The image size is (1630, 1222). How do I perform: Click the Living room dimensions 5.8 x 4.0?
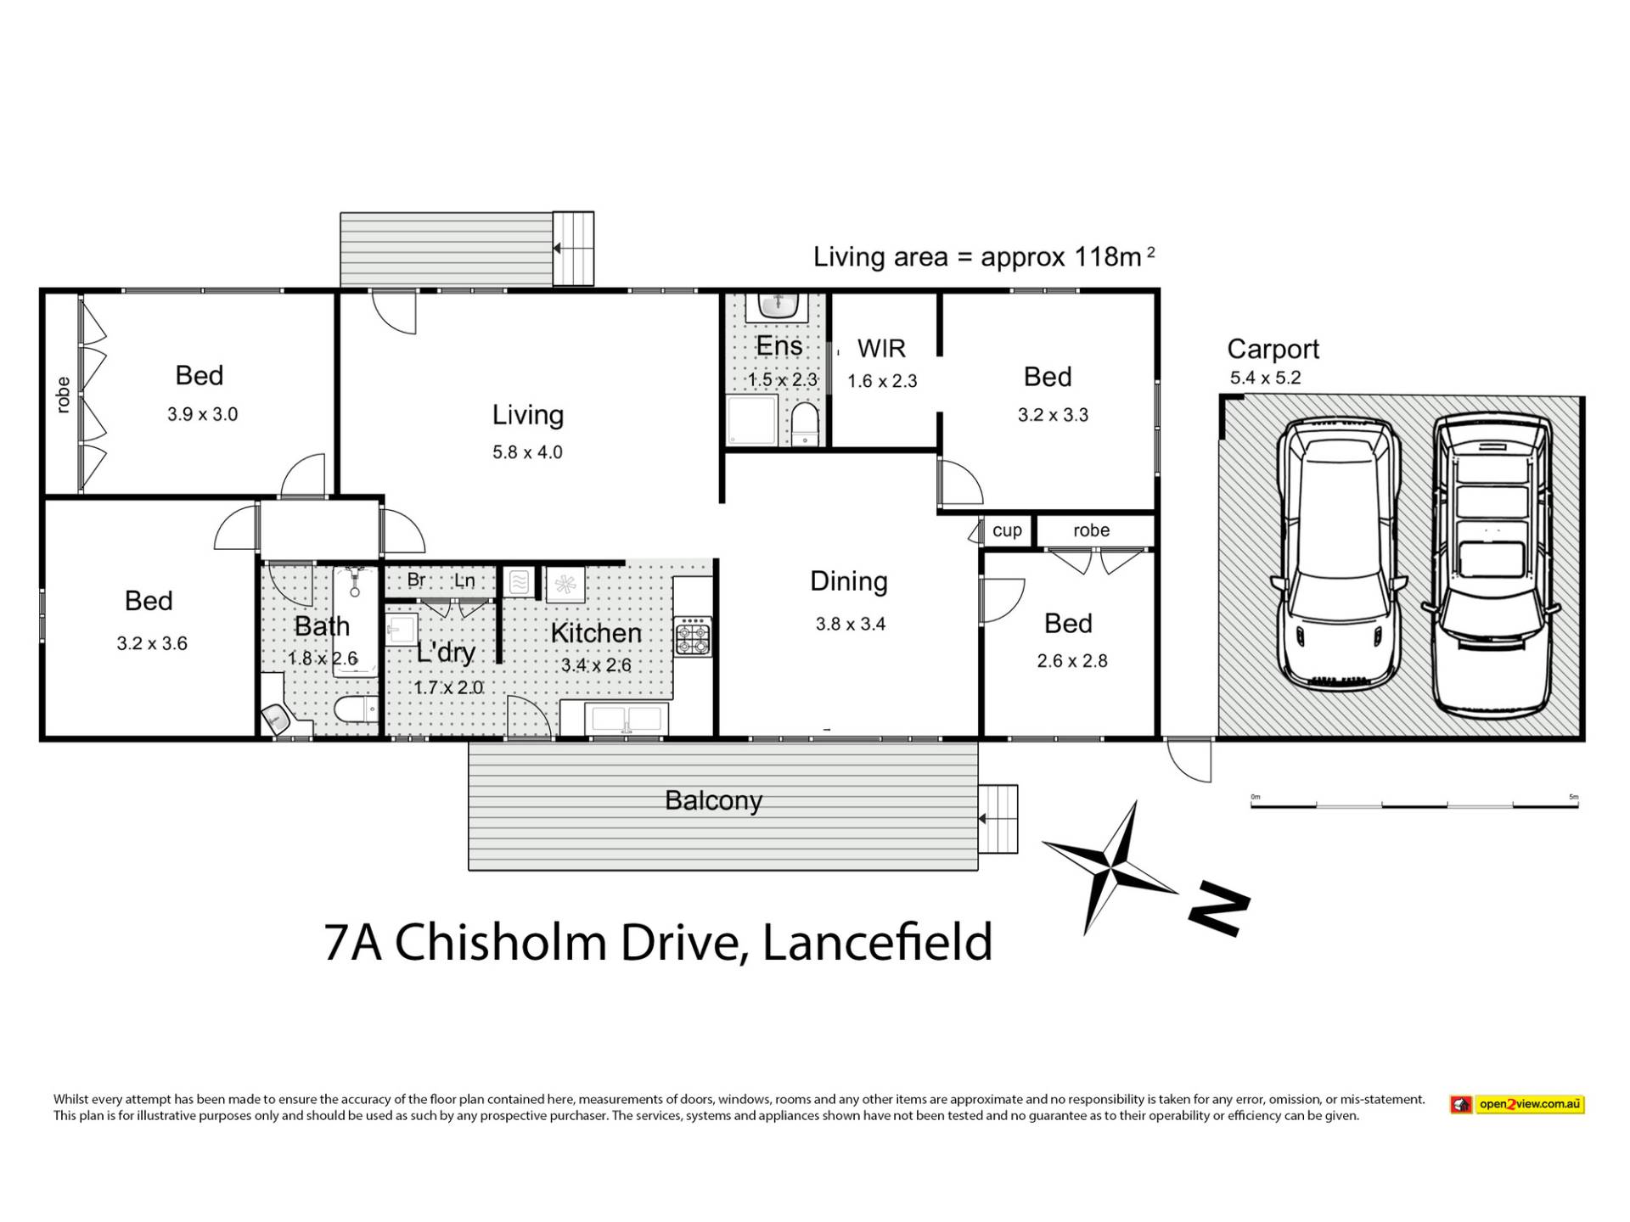point(527,452)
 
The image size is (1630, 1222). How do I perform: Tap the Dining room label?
point(849,581)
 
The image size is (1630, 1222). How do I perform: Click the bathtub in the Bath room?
point(355,621)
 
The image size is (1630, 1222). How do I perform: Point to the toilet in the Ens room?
point(804,423)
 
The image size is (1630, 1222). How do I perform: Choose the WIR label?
point(881,348)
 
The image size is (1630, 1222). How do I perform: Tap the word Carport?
point(1273,349)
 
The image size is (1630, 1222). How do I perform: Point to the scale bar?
point(1414,802)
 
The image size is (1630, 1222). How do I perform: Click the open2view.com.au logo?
point(1517,1104)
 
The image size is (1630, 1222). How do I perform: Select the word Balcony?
point(713,801)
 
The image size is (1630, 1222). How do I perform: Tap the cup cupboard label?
point(1007,531)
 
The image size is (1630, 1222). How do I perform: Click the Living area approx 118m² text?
point(984,256)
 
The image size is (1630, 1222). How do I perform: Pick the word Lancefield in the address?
point(878,942)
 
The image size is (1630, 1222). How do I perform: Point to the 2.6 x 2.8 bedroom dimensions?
point(1071,661)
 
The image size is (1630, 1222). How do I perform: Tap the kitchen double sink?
point(627,719)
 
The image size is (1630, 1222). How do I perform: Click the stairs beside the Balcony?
point(998,819)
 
